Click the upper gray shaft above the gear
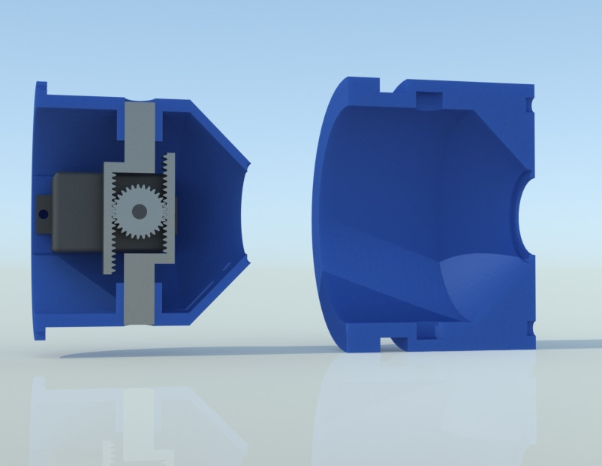point(139,128)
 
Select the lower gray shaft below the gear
point(139,297)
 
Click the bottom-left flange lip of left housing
point(41,331)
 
